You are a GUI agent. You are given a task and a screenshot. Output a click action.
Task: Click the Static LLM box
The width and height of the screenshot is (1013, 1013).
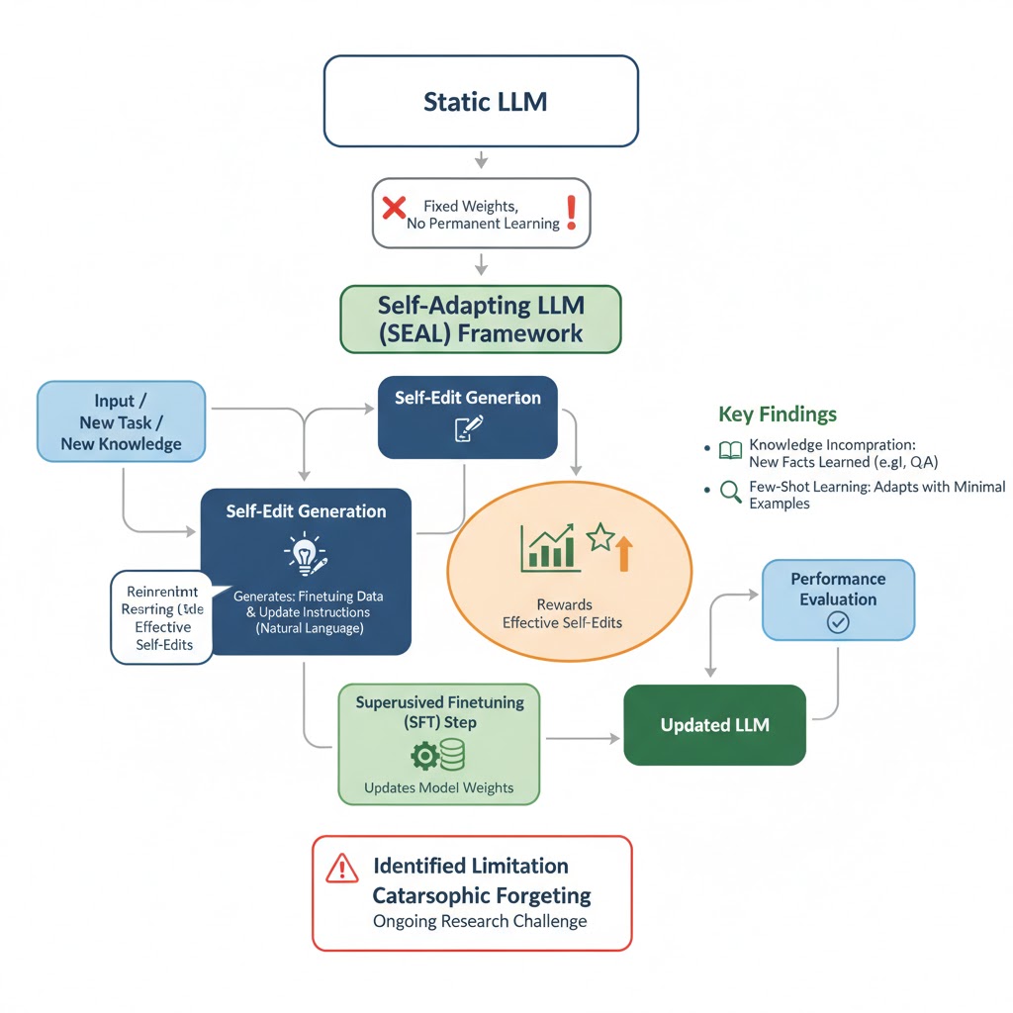[x=481, y=101]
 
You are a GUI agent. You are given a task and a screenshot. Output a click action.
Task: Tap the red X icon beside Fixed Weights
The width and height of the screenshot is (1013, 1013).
[x=394, y=208]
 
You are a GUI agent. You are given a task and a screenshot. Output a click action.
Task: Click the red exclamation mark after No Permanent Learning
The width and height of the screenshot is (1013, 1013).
[x=571, y=211]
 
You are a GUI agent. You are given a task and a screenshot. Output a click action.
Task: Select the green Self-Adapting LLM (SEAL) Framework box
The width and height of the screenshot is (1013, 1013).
[x=481, y=319]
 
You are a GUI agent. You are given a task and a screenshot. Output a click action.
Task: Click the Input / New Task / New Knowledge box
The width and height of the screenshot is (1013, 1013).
[x=122, y=421]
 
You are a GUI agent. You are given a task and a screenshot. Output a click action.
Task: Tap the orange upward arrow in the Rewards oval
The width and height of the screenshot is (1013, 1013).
[x=622, y=553]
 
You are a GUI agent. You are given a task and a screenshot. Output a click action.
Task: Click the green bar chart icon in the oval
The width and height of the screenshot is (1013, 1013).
[x=549, y=548]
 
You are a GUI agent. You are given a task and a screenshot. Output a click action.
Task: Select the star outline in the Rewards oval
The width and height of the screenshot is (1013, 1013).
[x=599, y=538]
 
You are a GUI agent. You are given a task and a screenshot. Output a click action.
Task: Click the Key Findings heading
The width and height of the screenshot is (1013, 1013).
[x=778, y=414]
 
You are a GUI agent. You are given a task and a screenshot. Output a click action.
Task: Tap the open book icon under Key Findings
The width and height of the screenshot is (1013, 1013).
[x=730, y=450]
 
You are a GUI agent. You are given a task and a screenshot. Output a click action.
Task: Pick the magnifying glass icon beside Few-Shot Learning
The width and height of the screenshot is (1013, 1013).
[x=731, y=492]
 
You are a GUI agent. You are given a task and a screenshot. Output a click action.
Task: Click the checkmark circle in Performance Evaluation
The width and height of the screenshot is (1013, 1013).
[x=838, y=622]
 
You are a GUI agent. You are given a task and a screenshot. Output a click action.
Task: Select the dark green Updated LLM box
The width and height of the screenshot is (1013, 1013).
[x=714, y=725]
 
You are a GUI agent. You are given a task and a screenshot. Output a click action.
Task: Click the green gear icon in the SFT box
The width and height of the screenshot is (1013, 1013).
[x=423, y=757]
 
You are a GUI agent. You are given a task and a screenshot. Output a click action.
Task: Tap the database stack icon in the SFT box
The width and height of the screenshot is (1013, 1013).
[x=452, y=757]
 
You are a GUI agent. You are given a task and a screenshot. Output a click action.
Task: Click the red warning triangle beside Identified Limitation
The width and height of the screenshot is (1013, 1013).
[x=341, y=868]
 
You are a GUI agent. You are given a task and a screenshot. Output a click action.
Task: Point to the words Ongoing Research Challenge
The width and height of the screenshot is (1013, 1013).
[x=480, y=921]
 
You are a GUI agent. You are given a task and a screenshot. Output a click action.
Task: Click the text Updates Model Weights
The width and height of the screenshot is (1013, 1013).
[x=438, y=787]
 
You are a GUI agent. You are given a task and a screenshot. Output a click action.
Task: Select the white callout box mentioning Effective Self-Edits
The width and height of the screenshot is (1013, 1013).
[x=161, y=617]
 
